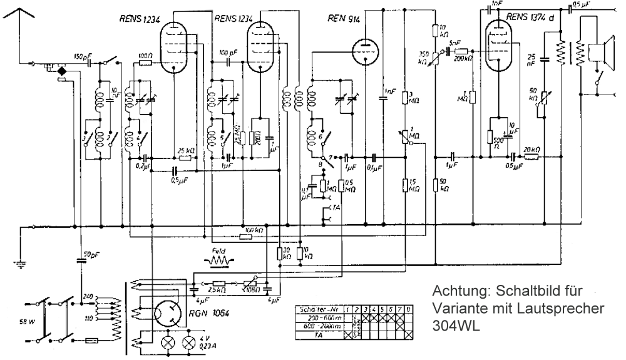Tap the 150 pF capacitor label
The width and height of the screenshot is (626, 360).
[x=82, y=54]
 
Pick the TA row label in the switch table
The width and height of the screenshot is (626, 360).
[x=320, y=335]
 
